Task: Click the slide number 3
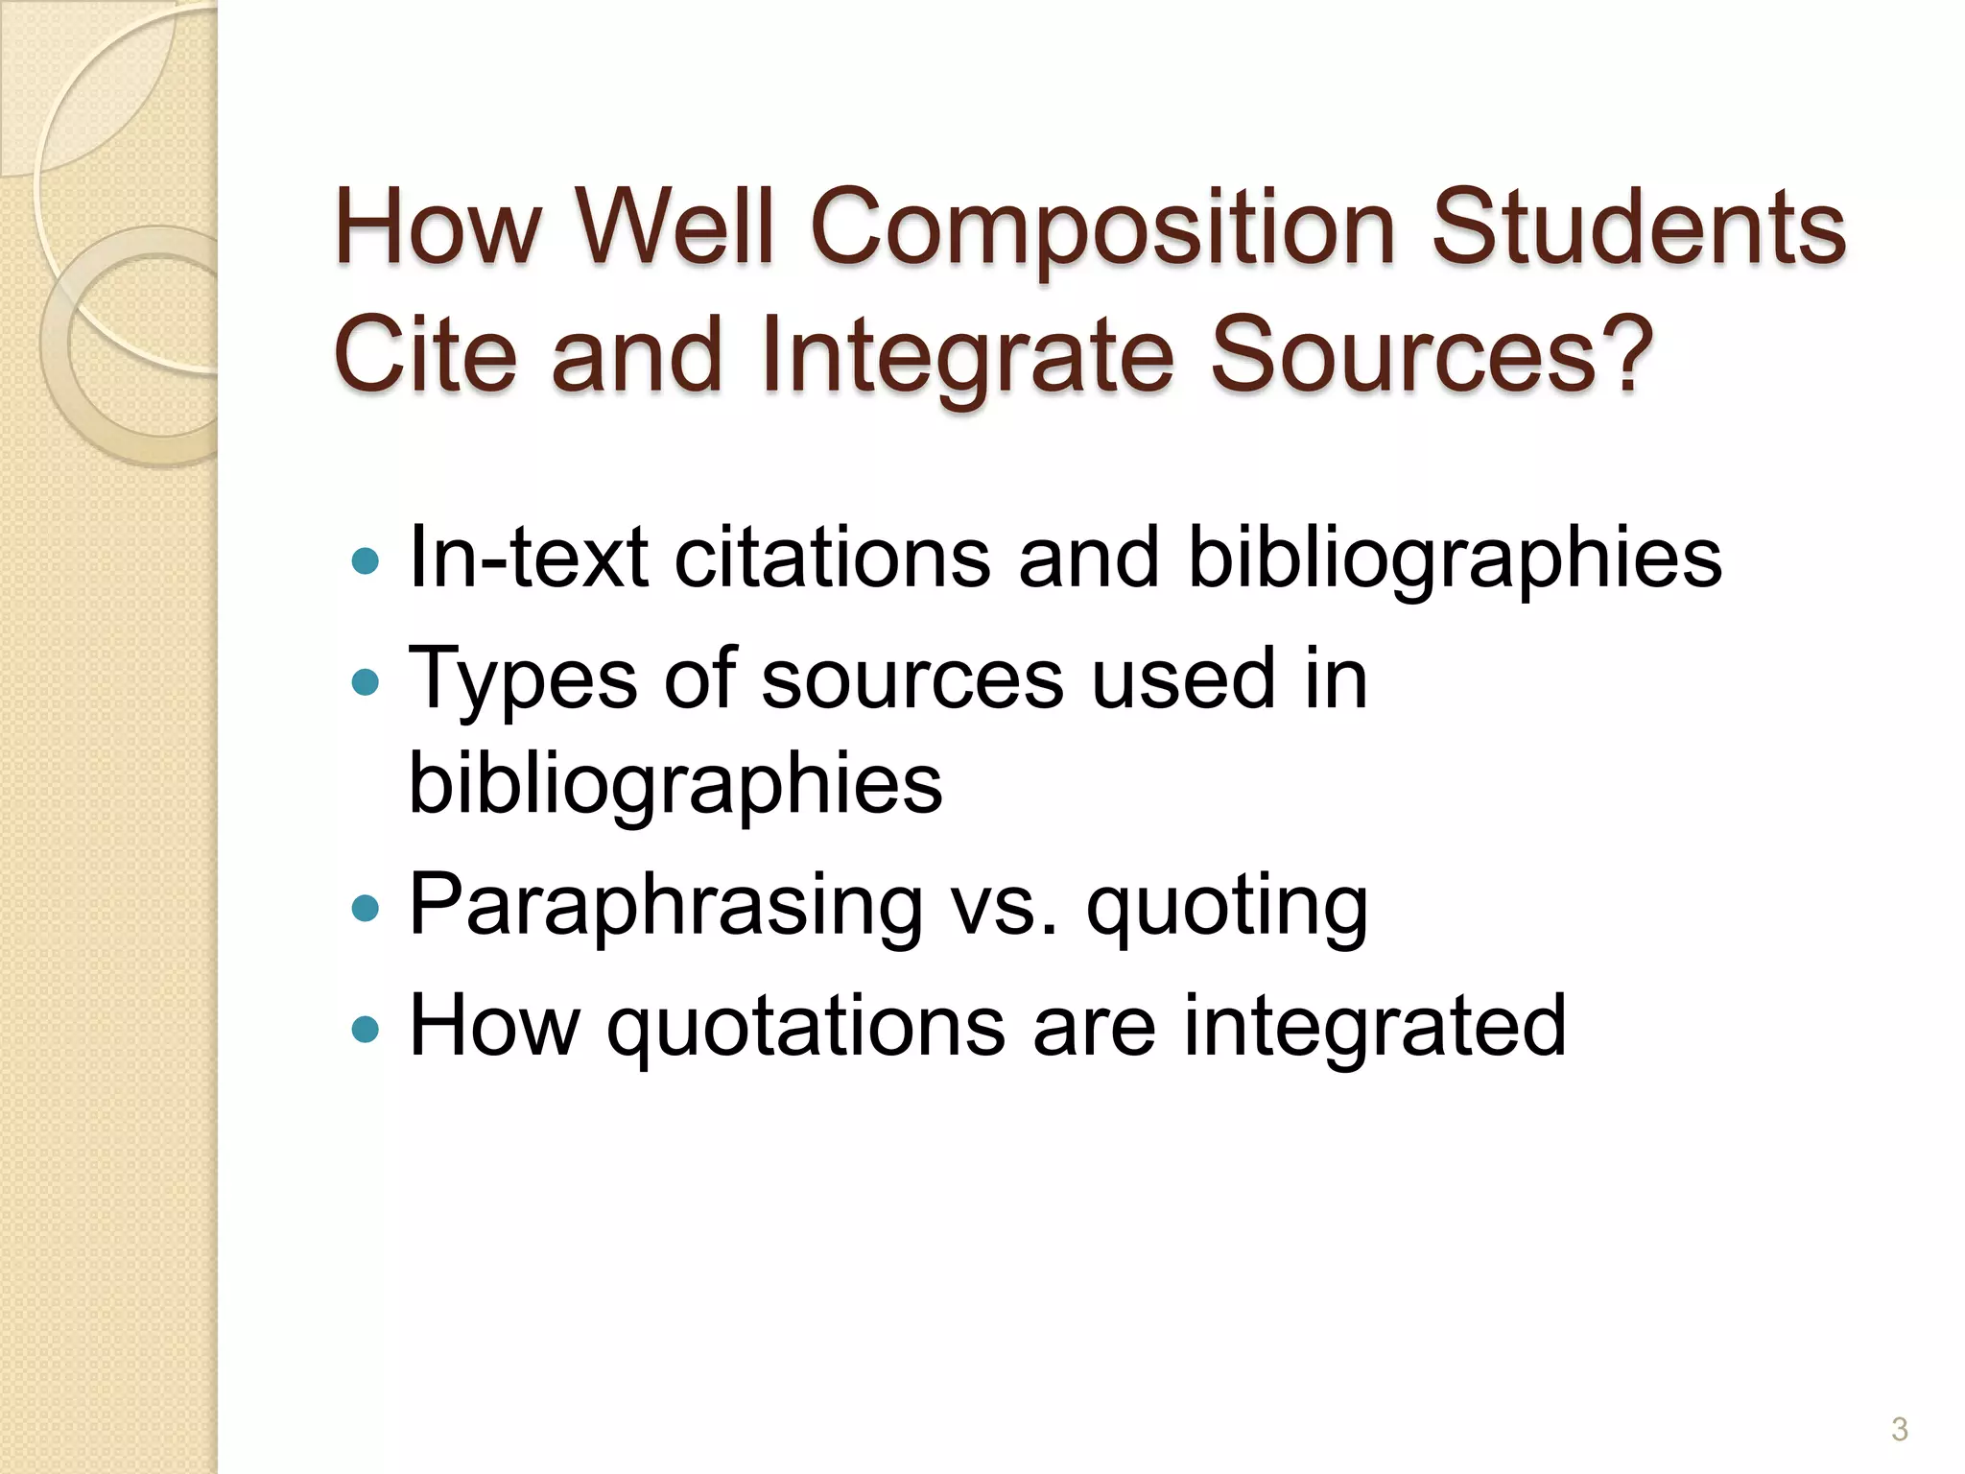click(x=1899, y=1429)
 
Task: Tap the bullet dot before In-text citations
click(x=366, y=560)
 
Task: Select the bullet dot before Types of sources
click(x=366, y=682)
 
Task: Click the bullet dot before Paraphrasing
click(x=366, y=908)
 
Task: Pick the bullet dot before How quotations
click(x=366, y=1030)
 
